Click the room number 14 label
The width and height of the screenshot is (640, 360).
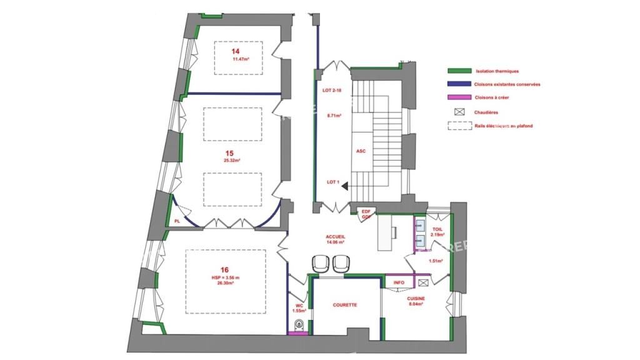tap(236, 52)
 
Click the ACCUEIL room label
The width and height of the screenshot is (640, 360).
tap(335, 237)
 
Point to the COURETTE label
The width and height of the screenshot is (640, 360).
tap(345, 305)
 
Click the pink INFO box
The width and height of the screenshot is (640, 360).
tap(399, 282)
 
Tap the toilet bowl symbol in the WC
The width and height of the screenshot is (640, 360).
tap(299, 324)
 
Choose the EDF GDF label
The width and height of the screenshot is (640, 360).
tap(366, 214)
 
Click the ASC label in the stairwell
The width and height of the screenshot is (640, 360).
tap(361, 151)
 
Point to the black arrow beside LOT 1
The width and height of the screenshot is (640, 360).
tap(344, 183)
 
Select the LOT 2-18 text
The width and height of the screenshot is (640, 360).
tap(332, 91)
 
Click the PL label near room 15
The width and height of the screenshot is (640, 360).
tap(177, 221)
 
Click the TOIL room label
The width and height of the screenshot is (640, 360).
tap(437, 229)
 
